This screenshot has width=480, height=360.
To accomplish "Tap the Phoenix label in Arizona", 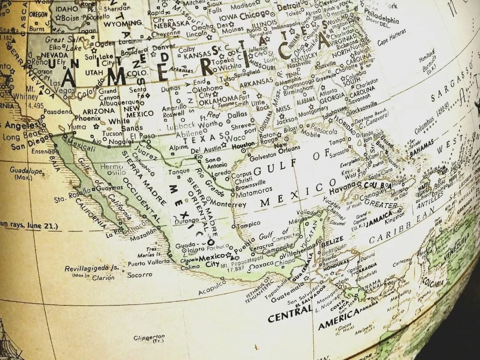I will (x=87, y=119).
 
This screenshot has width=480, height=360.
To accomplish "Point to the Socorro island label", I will (x=140, y=275).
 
